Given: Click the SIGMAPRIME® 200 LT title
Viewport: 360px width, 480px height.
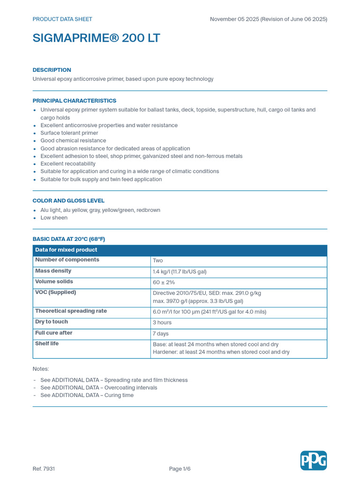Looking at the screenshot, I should pyautogui.click(x=96, y=38).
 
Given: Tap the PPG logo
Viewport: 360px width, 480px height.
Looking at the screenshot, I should pyautogui.click(x=313, y=460).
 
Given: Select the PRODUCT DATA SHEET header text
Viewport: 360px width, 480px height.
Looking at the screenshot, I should pyautogui.click(x=62, y=19).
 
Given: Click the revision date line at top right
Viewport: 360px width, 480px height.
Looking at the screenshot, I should pyautogui.click(x=268, y=19).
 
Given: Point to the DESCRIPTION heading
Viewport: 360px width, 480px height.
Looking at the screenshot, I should pyautogui.click(x=52, y=70).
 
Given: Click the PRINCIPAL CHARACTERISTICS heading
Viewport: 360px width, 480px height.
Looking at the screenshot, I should pyautogui.click(x=74, y=101).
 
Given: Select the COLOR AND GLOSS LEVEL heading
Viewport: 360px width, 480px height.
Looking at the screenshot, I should pyautogui.click(x=68, y=201).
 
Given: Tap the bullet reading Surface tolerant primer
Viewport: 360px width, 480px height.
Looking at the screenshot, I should pyautogui.click(x=69, y=133).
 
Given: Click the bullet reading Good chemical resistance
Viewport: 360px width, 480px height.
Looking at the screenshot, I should pyautogui.click(x=73, y=141).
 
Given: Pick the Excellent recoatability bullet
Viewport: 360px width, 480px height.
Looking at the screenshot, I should pyautogui.click(x=68, y=164).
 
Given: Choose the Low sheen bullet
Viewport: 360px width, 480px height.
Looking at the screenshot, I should pyautogui.click(x=54, y=218).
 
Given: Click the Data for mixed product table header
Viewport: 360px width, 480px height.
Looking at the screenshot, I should pyautogui.click(x=66, y=250).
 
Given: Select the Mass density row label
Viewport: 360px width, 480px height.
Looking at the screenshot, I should pyautogui.click(x=53, y=271).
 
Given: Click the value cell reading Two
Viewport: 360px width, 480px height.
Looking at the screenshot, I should pyautogui.click(x=158, y=261).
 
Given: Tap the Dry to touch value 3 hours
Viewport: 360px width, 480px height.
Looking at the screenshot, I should pyautogui.click(x=162, y=323).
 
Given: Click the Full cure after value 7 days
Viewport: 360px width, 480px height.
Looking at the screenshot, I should pyautogui.click(x=161, y=334).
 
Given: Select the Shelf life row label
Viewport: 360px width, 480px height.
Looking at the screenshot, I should pyautogui.click(x=47, y=344).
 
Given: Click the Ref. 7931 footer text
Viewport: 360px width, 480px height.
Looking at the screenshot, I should pyautogui.click(x=44, y=469).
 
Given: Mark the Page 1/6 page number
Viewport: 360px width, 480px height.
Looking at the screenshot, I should pyautogui.click(x=180, y=469).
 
